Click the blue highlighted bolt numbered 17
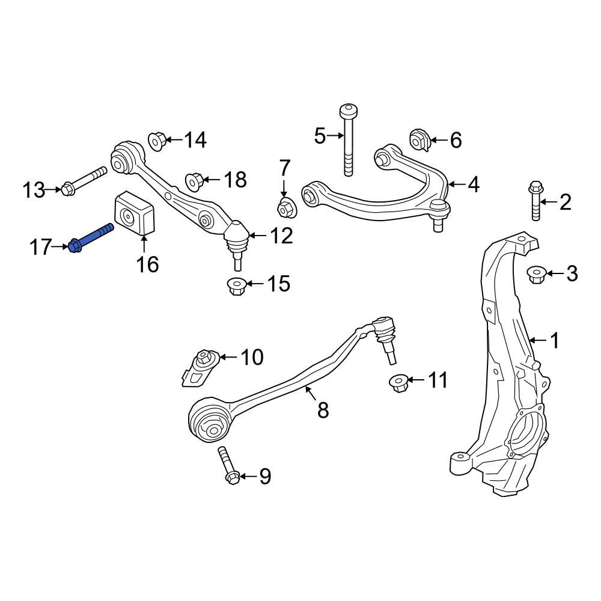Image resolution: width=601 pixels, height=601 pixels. click(x=90, y=239)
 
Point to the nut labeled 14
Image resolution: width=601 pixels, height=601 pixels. click(x=157, y=141)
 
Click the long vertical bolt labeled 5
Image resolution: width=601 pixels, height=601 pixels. click(x=347, y=141)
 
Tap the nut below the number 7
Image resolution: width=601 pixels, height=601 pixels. click(x=285, y=208)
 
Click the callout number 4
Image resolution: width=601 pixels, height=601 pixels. click(x=474, y=185)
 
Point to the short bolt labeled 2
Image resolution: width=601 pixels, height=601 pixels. click(x=535, y=201)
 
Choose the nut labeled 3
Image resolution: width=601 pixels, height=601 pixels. click(x=535, y=275)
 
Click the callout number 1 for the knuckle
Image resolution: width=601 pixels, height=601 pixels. click(x=554, y=341)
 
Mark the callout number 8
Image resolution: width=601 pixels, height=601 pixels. click(x=323, y=410)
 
